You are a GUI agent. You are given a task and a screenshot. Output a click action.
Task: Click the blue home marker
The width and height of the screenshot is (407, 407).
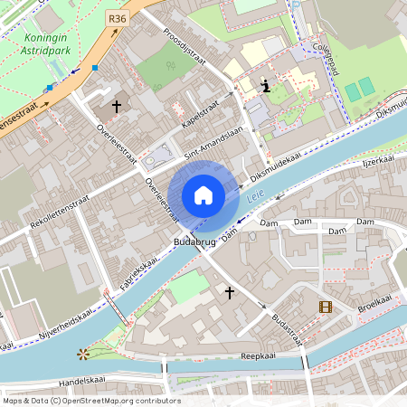tap(203, 195)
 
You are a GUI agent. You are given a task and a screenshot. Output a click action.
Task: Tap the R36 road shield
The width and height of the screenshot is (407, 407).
tap(117, 17)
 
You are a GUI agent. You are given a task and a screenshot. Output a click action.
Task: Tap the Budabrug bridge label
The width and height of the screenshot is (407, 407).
tap(194, 242)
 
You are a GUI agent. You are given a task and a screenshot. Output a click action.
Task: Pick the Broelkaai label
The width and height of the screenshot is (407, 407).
tap(374, 301)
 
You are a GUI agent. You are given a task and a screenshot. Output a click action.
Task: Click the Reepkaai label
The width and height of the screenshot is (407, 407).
tap(258, 357)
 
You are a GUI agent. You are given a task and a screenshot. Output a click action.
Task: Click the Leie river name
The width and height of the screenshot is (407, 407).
tap(256, 194)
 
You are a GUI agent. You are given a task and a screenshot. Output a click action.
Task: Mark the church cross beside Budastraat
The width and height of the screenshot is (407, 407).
tap(230, 293)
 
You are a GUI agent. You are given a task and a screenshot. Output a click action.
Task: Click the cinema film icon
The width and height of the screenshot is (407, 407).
tap(326, 307)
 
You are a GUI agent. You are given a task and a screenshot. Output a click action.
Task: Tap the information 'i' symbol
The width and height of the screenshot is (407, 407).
tap(265, 87)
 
